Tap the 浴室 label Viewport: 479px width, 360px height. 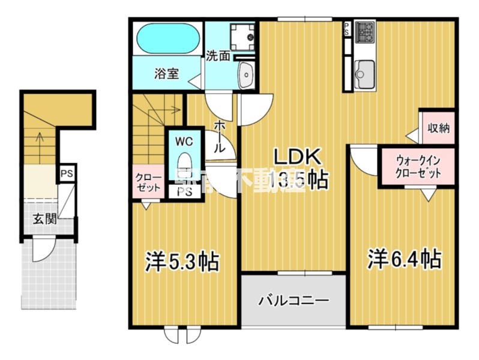pyautogui.click(x=166, y=74)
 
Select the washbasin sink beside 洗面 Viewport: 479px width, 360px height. pyautogui.click(x=246, y=76)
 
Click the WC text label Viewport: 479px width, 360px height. pyautogui.click(x=183, y=142)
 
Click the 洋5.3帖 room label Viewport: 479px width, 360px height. pyautogui.click(x=181, y=261)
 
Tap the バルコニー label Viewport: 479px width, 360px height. pyautogui.click(x=294, y=300)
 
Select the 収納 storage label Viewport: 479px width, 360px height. pyautogui.click(x=439, y=128)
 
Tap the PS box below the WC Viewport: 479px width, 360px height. pyautogui.click(x=184, y=193)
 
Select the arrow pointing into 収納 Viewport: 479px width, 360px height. pyautogui.click(x=413, y=136)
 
